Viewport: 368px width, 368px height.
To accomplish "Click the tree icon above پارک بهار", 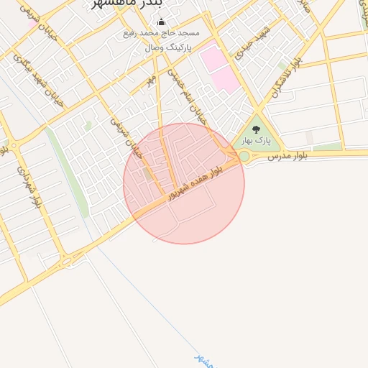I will pyautogui.click(x=256, y=130).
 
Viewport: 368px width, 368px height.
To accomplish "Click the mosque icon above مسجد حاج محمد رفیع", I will pyautogui.click(x=160, y=22).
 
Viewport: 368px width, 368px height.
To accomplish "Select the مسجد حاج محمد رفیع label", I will pyautogui.click(x=162, y=34).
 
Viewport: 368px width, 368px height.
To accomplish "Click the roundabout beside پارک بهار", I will pyautogui.click(x=244, y=156).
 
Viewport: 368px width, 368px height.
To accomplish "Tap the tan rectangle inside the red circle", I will pyautogui.click(x=147, y=175).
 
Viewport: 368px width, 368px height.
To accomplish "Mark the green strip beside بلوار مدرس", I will pyautogui.click(x=328, y=147).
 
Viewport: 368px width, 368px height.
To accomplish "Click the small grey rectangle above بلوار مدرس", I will pyautogui.click(x=310, y=137).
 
